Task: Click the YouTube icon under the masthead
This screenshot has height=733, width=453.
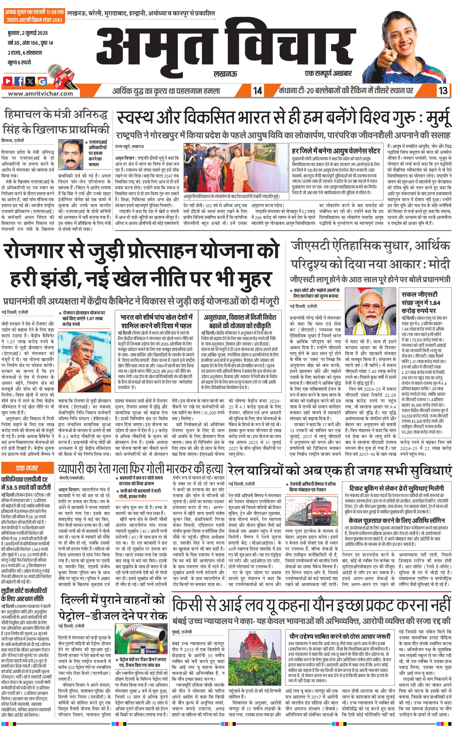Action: coord(8,81)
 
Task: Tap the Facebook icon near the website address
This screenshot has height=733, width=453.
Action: coord(19,81)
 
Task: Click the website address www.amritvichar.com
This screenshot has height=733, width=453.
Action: coord(40,93)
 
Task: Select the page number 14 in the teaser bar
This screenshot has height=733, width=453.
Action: coord(257,90)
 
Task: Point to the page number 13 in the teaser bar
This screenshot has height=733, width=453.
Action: coord(443,90)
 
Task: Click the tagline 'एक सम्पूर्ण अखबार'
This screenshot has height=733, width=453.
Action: coord(328,73)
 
